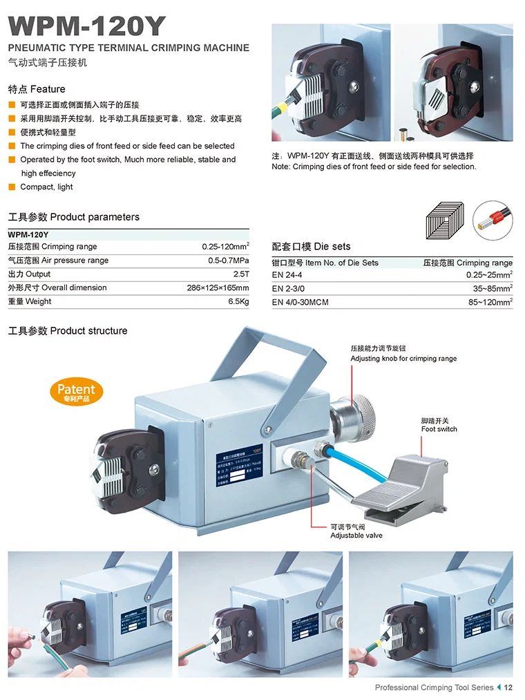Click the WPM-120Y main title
87,26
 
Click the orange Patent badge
76,392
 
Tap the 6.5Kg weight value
238,301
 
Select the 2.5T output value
241,274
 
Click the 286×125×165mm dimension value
218,287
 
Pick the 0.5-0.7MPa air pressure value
229,261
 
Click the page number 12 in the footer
508,688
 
